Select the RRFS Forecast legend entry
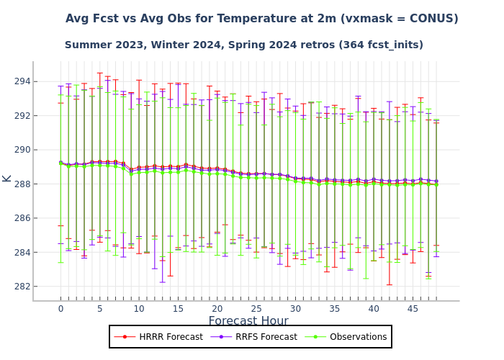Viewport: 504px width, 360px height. [x=264, y=337]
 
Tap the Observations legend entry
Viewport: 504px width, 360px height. [x=356, y=337]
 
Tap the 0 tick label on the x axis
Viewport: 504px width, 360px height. [x=60, y=309]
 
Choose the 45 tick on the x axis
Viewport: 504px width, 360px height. [x=413, y=309]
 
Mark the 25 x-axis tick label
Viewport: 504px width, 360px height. [x=256, y=309]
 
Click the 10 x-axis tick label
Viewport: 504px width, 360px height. [x=139, y=309]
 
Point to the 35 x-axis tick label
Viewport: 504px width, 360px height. [x=334, y=309]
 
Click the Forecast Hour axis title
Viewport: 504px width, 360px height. [x=248, y=321]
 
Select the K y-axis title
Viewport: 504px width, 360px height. [x=7, y=177]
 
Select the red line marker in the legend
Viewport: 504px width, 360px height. [x=126, y=337]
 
